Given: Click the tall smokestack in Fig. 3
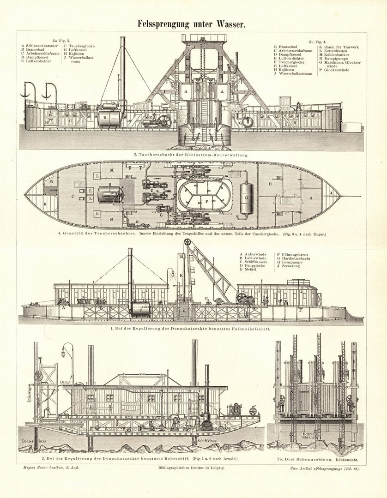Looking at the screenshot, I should point(123,69).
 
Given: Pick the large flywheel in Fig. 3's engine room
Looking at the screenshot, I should point(163,122).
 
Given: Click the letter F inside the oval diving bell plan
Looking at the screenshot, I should point(207,201).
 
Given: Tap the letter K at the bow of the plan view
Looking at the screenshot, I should point(44,203).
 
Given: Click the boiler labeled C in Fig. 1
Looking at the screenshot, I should point(139,310).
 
